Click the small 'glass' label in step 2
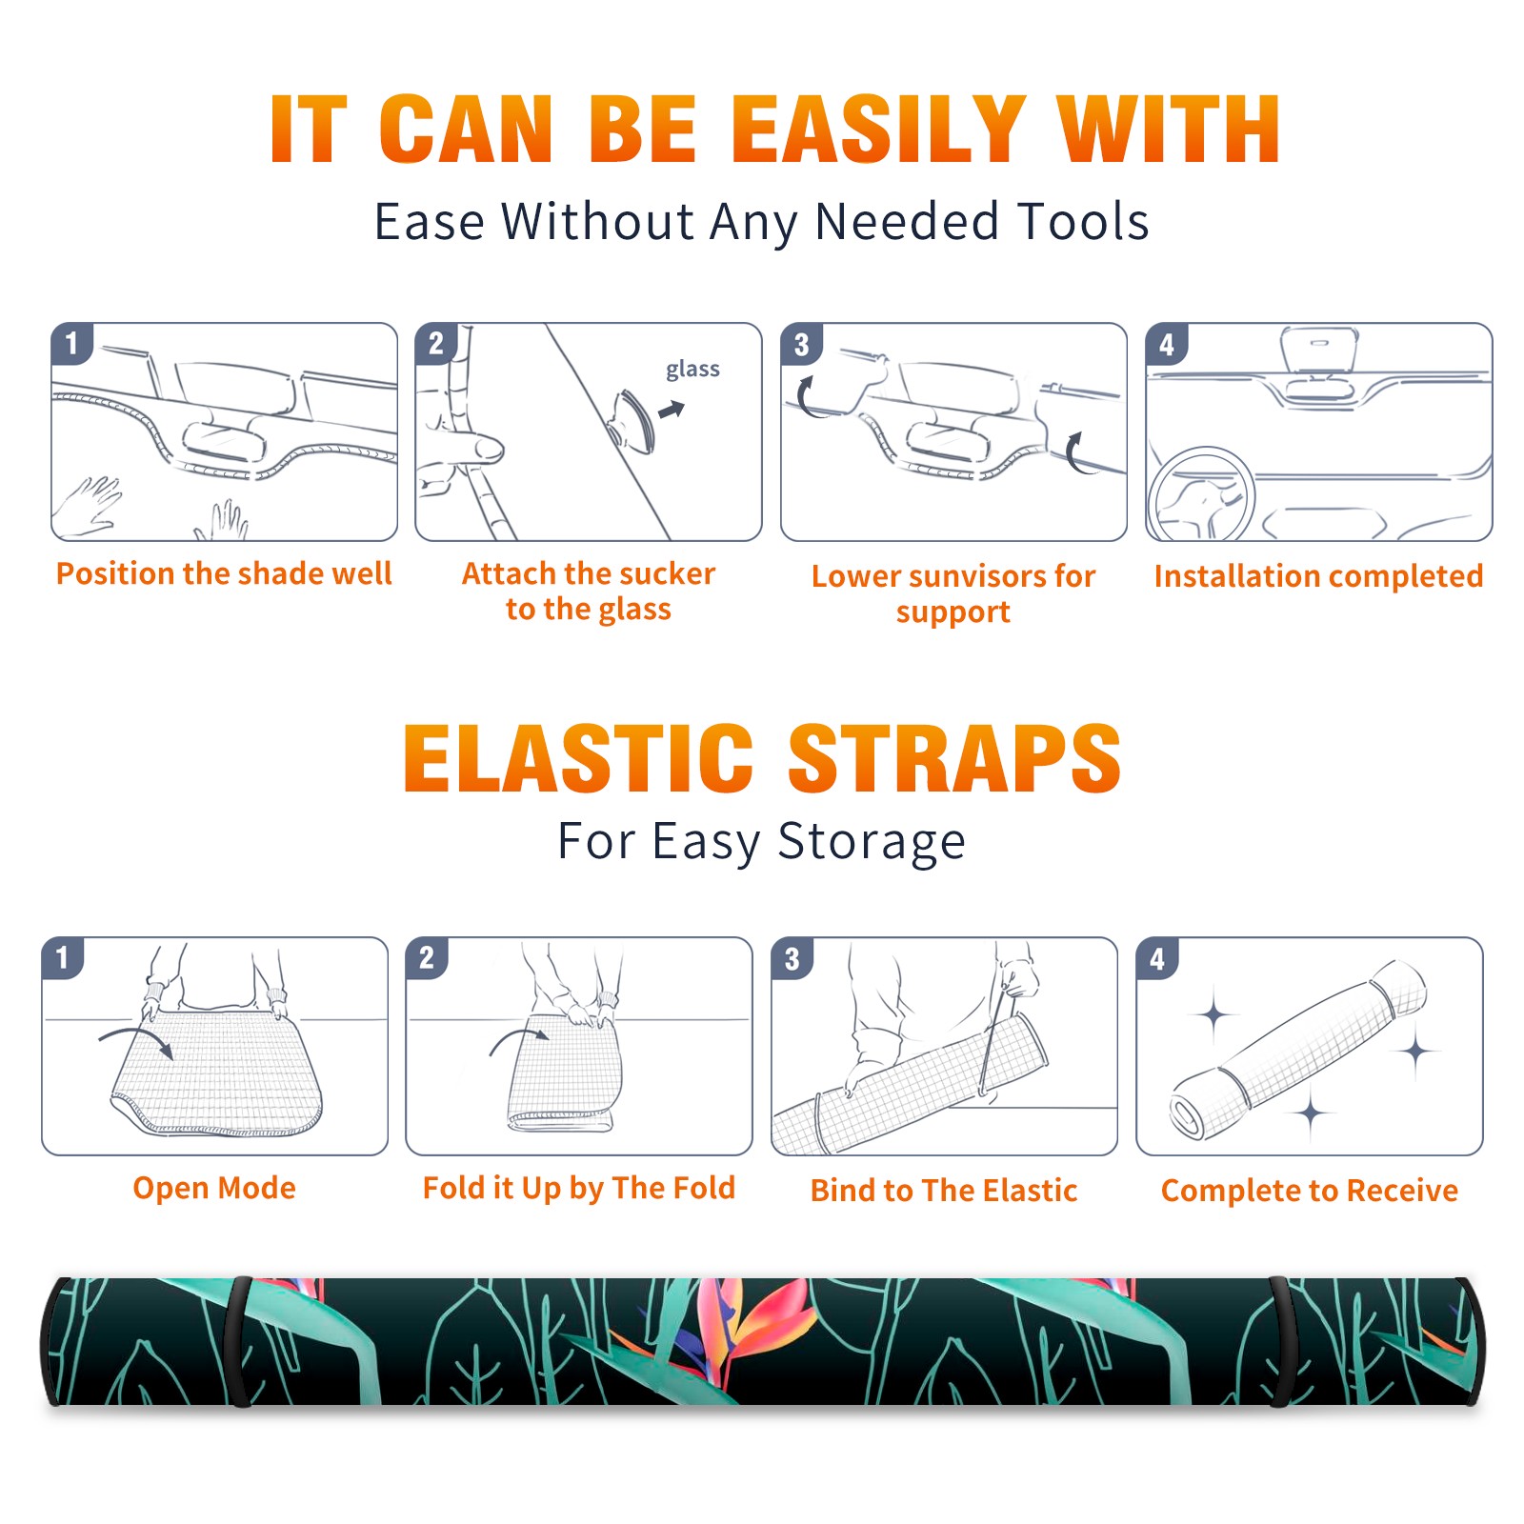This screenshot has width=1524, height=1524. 692,370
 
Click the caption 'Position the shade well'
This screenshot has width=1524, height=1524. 224,573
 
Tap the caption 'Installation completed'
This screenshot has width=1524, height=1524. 1318,575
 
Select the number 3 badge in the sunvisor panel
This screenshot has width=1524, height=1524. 801,345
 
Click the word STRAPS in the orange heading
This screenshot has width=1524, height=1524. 954,758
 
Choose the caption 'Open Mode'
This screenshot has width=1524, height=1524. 214,1188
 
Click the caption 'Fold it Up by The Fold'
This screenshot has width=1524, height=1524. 579,1188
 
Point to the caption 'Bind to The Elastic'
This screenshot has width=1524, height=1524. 944,1191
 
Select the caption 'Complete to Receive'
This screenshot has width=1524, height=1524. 1310,1191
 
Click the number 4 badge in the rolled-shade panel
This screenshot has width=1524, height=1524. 1157,958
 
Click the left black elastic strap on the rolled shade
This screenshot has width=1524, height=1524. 241,1341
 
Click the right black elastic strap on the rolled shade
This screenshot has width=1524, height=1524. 1281,1341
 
